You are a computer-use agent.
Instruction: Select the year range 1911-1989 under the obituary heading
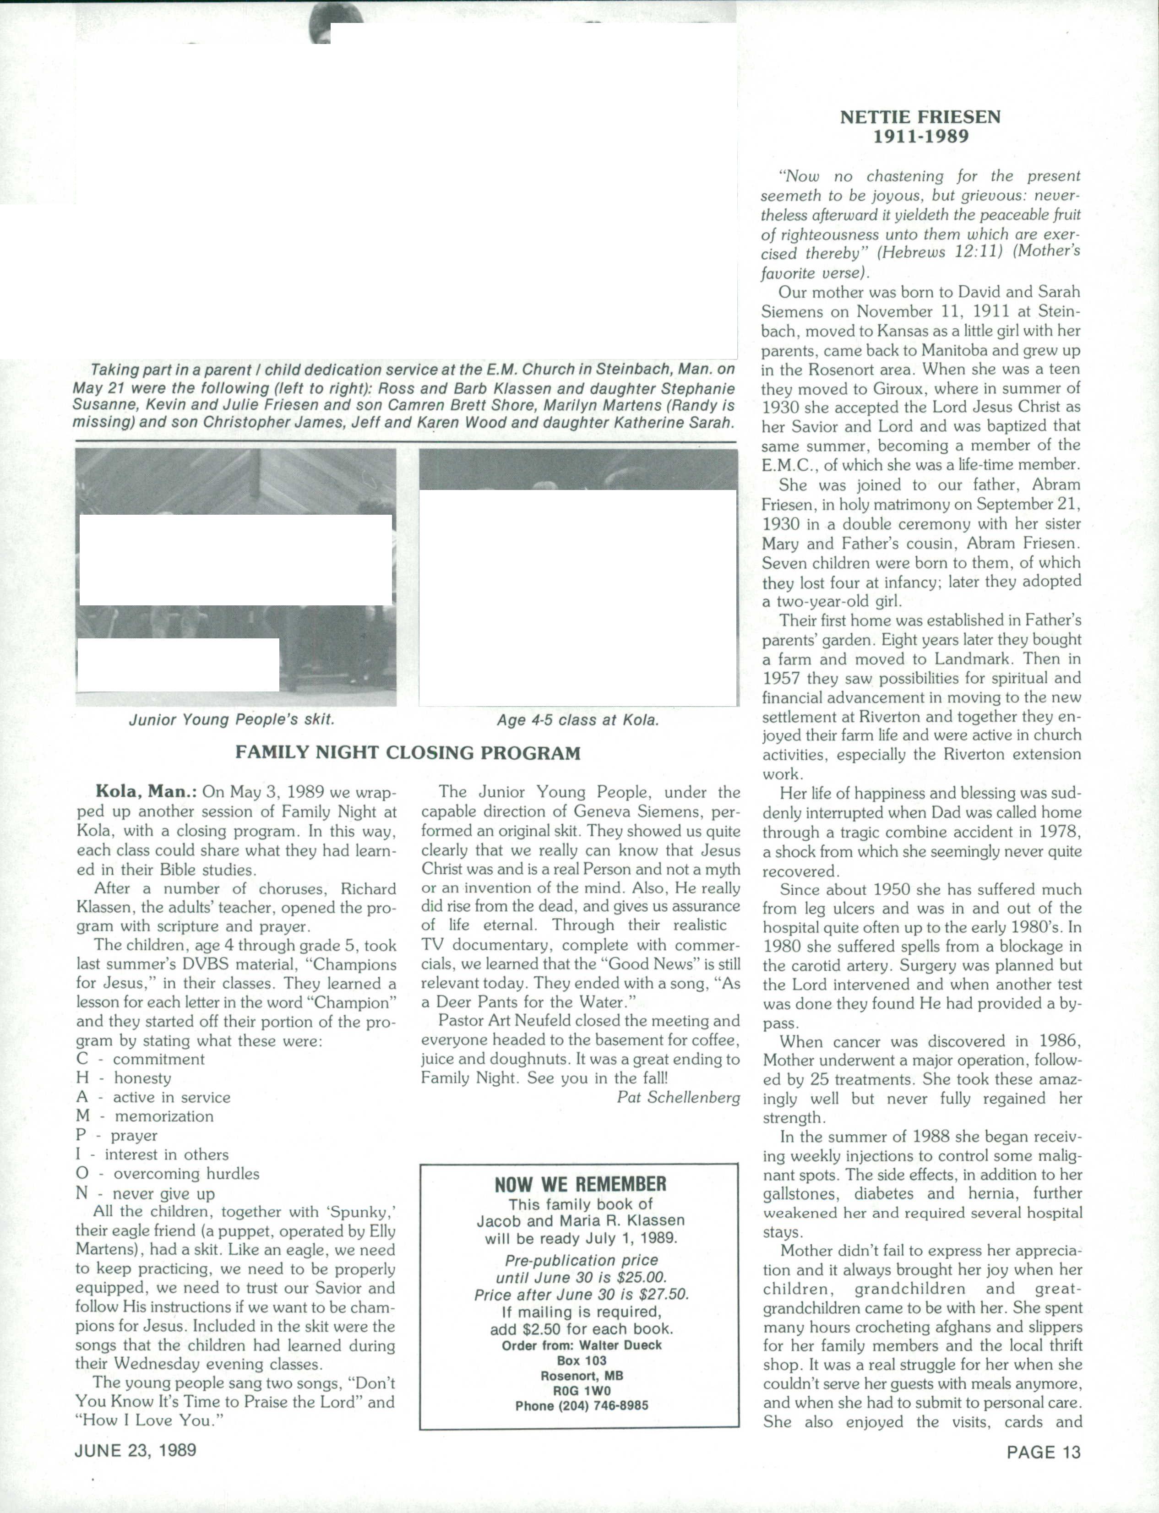tap(920, 136)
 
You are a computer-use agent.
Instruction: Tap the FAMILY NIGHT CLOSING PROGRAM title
tap(408, 753)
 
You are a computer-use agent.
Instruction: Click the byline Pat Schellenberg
tap(678, 1097)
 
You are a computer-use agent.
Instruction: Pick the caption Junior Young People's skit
tap(232, 719)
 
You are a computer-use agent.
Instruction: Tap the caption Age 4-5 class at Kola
tap(578, 720)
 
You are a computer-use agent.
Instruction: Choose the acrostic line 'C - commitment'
tap(141, 1059)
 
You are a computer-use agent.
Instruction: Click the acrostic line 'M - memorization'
tap(145, 1116)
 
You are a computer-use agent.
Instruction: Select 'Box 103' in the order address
tap(581, 1361)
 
